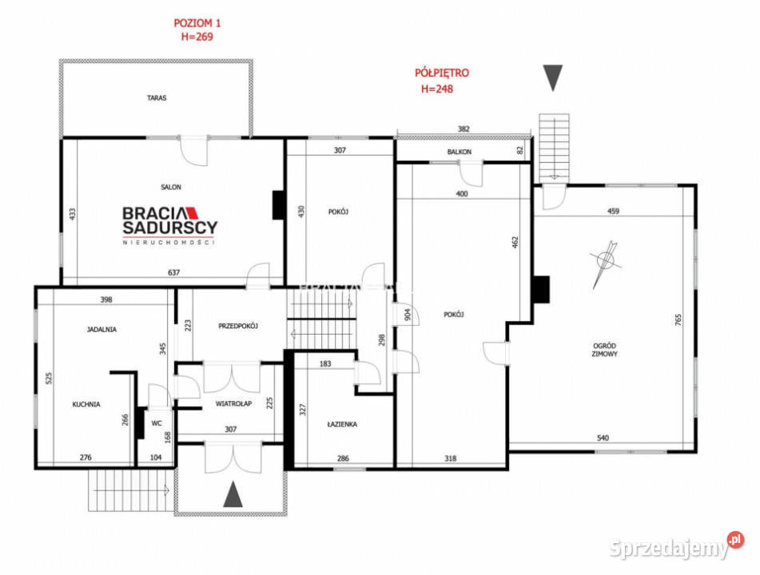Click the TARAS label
click(157, 98)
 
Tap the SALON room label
click(170, 187)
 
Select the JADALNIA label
click(102, 329)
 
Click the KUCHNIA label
click(86, 404)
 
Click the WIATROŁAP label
click(233, 404)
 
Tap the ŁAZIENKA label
click(341, 425)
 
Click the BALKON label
click(459, 152)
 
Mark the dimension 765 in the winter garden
click(678, 319)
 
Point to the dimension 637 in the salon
click(173, 273)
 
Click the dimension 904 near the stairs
click(407, 313)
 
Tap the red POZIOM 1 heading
click(193, 23)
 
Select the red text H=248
click(437, 89)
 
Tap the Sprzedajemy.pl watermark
click(676, 548)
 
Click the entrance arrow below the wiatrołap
click(232, 495)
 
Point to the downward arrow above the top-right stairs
click(552, 77)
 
